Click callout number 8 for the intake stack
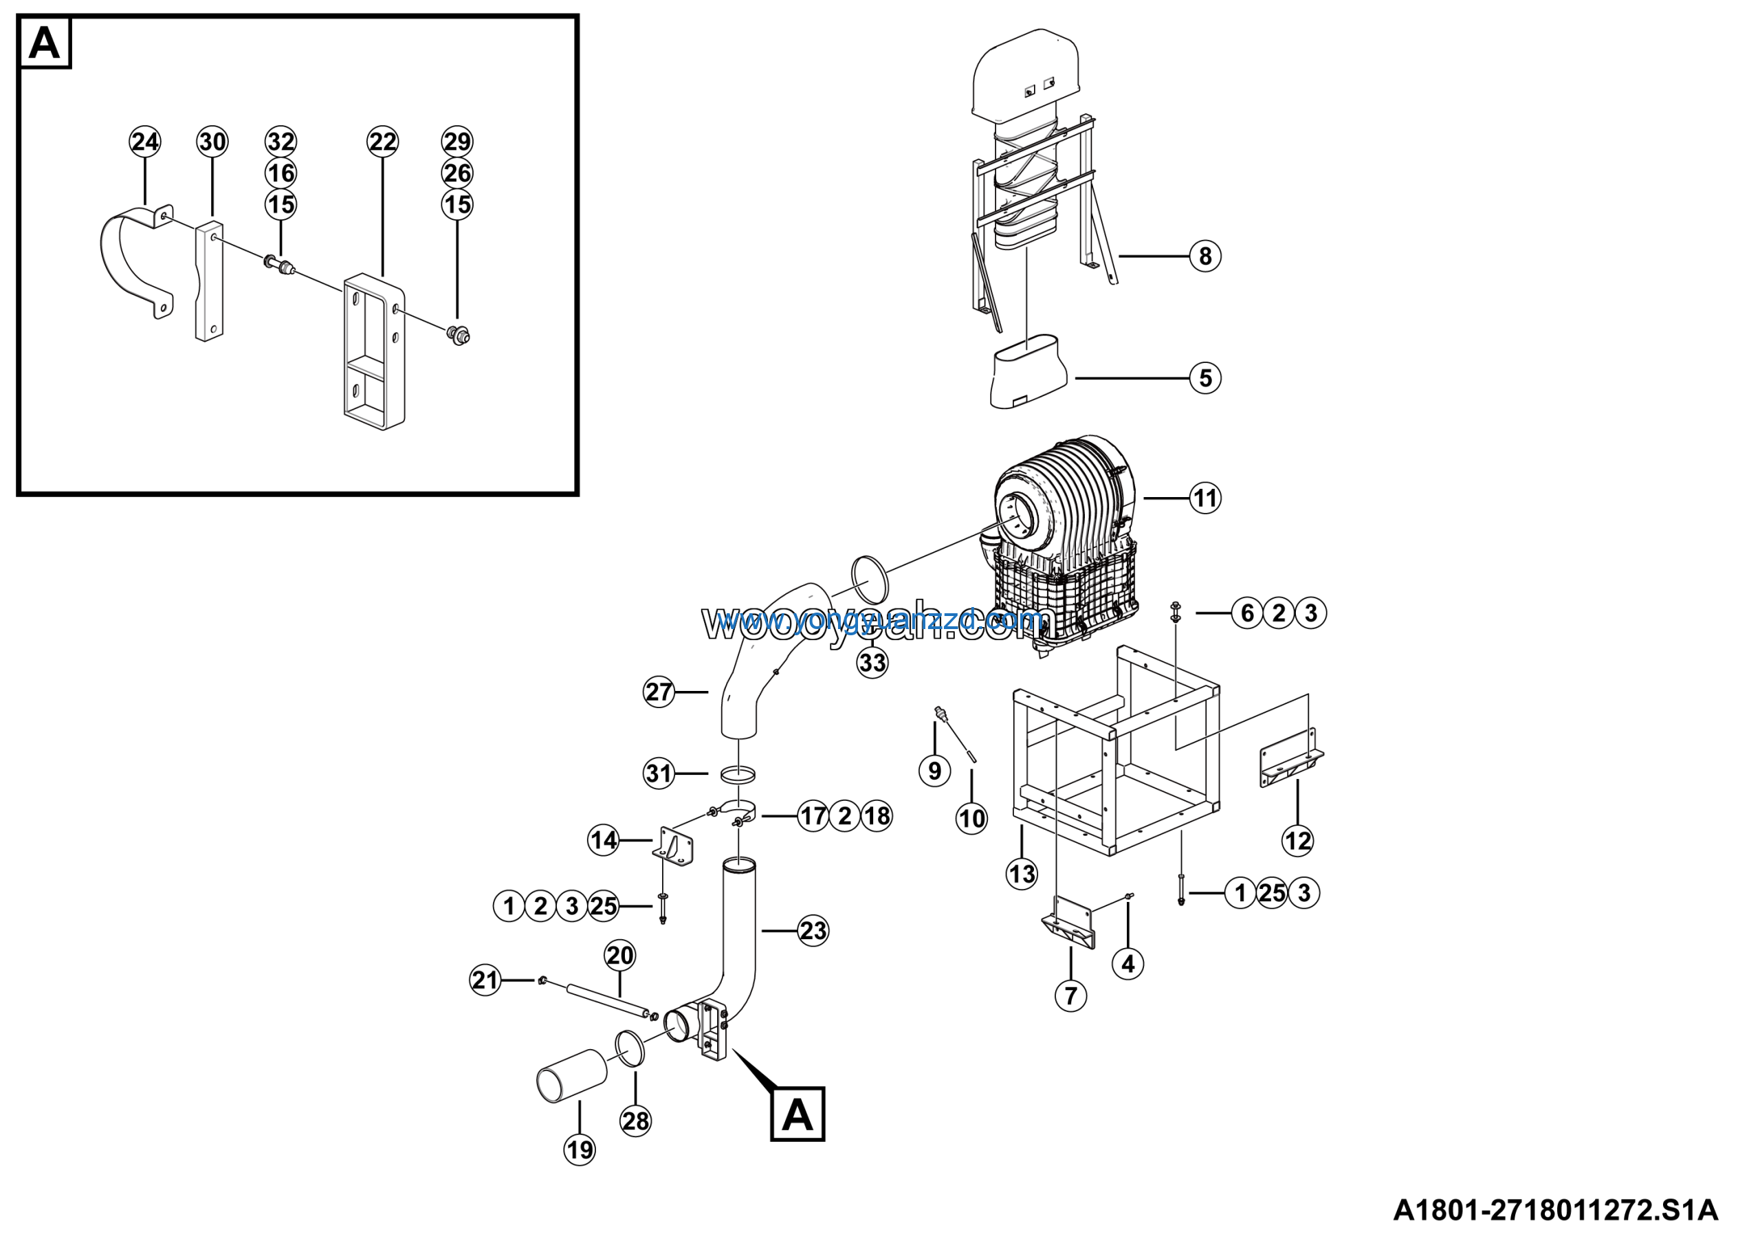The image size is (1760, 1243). coord(1204,256)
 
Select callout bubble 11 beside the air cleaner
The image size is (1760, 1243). coord(1204,499)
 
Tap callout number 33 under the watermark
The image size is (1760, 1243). coord(872,662)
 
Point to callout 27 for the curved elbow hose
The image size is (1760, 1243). coord(659,692)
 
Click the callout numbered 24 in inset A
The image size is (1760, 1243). coord(145,142)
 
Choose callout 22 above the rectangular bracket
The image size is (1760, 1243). coord(382,142)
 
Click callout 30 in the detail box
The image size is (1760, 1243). coord(212,142)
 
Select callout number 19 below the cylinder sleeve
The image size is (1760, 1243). coord(580,1149)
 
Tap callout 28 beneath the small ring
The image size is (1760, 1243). coord(635,1121)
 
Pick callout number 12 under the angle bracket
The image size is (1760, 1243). coord(1298,841)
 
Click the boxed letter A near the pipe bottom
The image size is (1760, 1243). coord(797,1114)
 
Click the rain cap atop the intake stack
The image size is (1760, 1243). coord(1025,73)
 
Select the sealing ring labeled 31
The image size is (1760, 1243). coord(738,774)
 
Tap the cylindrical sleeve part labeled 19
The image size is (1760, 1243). coord(572,1075)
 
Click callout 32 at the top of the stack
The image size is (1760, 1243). coord(280,142)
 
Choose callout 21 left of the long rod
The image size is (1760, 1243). coord(485,980)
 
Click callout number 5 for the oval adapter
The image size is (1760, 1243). coord(1204,378)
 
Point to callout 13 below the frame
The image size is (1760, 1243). coord(1021,874)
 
